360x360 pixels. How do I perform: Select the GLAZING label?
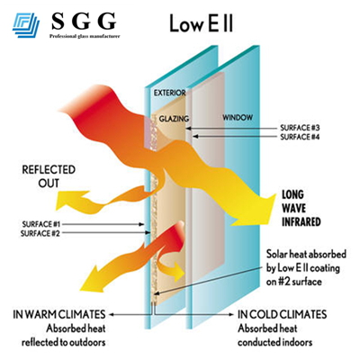pyautogui.click(x=174, y=118)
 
